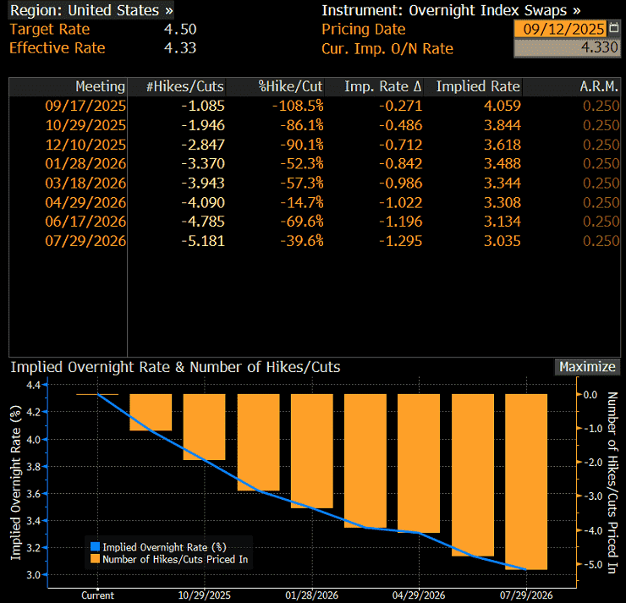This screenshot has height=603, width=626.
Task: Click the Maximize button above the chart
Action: pyautogui.click(x=587, y=367)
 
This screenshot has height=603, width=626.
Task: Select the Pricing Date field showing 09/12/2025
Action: pyautogui.click(x=560, y=29)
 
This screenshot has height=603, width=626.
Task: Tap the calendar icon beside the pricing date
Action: pyautogui.click(x=613, y=28)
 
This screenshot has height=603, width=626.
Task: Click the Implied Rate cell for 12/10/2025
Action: pyautogui.click(x=502, y=145)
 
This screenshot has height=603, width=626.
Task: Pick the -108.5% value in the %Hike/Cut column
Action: pyautogui.click(x=298, y=106)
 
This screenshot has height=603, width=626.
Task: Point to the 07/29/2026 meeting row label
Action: pyautogui.click(x=85, y=241)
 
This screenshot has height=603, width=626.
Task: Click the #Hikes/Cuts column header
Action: pyautogui.click(x=184, y=86)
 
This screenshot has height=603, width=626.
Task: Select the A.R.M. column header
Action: pyautogui.click(x=599, y=86)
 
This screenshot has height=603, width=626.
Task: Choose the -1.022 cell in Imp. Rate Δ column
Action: pyautogui.click(x=400, y=203)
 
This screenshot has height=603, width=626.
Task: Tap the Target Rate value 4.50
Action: pyautogui.click(x=180, y=29)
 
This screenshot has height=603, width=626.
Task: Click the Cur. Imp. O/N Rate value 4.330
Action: pyautogui.click(x=599, y=47)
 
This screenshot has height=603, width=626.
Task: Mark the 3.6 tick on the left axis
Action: pyautogui.click(x=34, y=494)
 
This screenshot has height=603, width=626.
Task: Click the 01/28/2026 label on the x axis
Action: pyautogui.click(x=311, y=595)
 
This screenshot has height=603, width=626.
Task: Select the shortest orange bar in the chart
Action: pyautogui.click(x=151, y=412)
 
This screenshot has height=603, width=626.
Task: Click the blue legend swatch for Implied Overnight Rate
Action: pyautogui.click(x=95, y=546)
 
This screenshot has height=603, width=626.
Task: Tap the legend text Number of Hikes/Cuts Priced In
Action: pyautogui.click(x=175, y=560)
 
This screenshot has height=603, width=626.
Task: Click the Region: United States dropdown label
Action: pyautogui.click(x=91, y=10)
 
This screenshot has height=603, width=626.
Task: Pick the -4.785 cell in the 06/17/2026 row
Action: pyautogui.click(x=203, y=222)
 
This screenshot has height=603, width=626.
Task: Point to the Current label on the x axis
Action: pyautogui.click(x=98, y=595)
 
